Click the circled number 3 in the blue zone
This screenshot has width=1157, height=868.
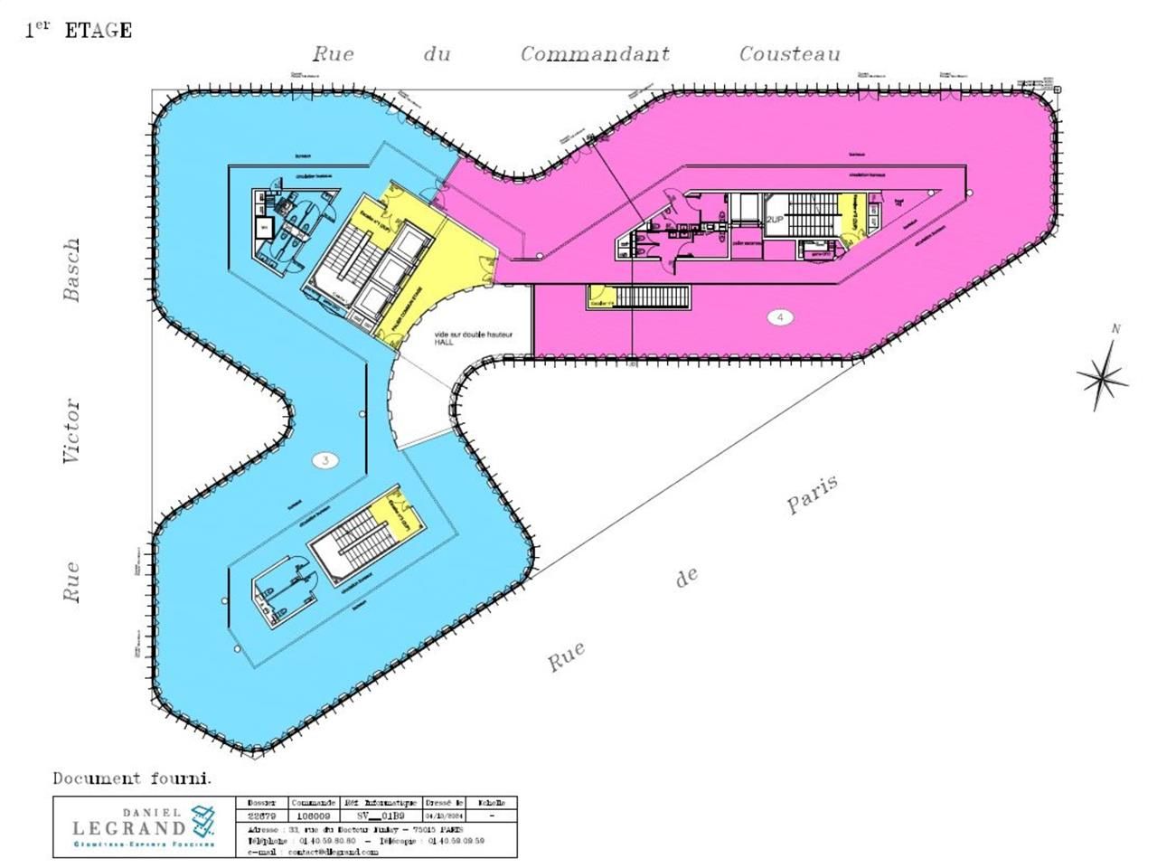coord(325,460)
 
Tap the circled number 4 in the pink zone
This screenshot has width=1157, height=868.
coord(779,316)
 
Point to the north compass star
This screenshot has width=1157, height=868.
coord(1103,373)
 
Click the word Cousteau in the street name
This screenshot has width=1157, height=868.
coord(789,54)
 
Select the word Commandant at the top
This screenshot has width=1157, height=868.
coord(595,54)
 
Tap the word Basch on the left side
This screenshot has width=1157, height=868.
coord(71,269)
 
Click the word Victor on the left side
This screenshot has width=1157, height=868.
coord(71,431)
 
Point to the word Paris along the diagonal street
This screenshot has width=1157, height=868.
coord(813,495)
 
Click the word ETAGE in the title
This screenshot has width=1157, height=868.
coord(99,31)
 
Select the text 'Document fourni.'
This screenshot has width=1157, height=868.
coord(132,778)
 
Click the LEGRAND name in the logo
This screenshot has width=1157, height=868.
coord(128,827)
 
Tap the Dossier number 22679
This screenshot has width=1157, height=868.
coord(262,816)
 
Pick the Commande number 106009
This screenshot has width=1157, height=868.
coord(314,816)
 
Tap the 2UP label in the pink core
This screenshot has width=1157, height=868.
coord(775,220)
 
